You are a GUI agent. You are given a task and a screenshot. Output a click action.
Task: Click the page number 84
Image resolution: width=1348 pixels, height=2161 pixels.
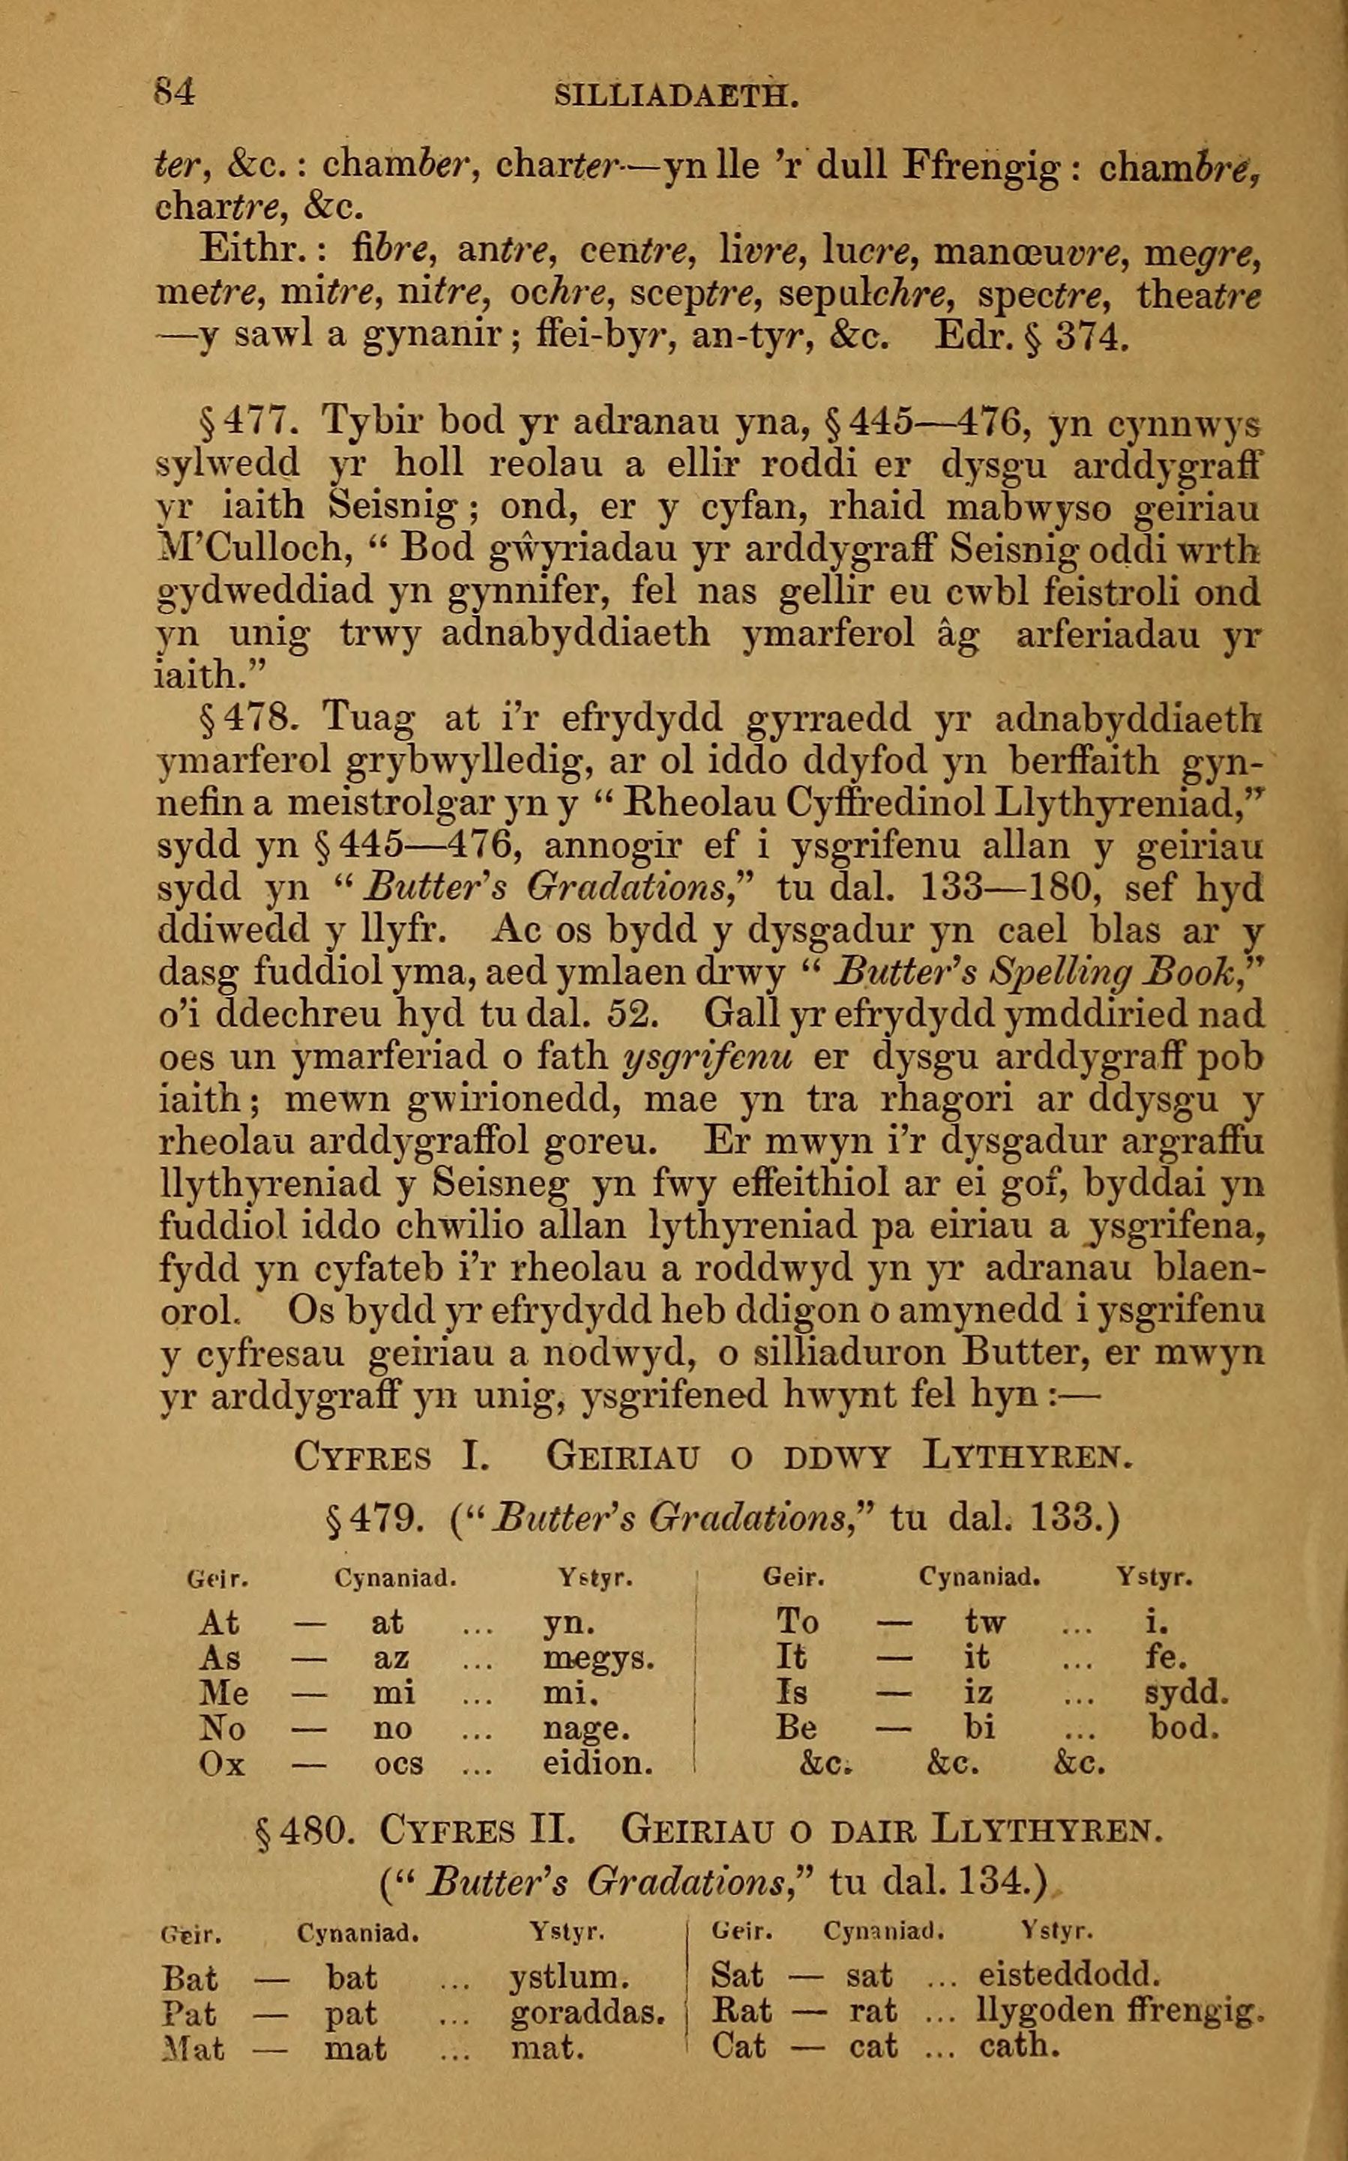174,93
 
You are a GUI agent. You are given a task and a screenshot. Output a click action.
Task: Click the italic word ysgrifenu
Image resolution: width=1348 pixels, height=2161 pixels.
710,1058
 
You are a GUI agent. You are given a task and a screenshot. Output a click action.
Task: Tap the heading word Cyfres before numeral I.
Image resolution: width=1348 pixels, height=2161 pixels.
362,1458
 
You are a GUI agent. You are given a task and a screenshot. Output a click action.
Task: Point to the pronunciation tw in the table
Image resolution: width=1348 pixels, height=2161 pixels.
984,1623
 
